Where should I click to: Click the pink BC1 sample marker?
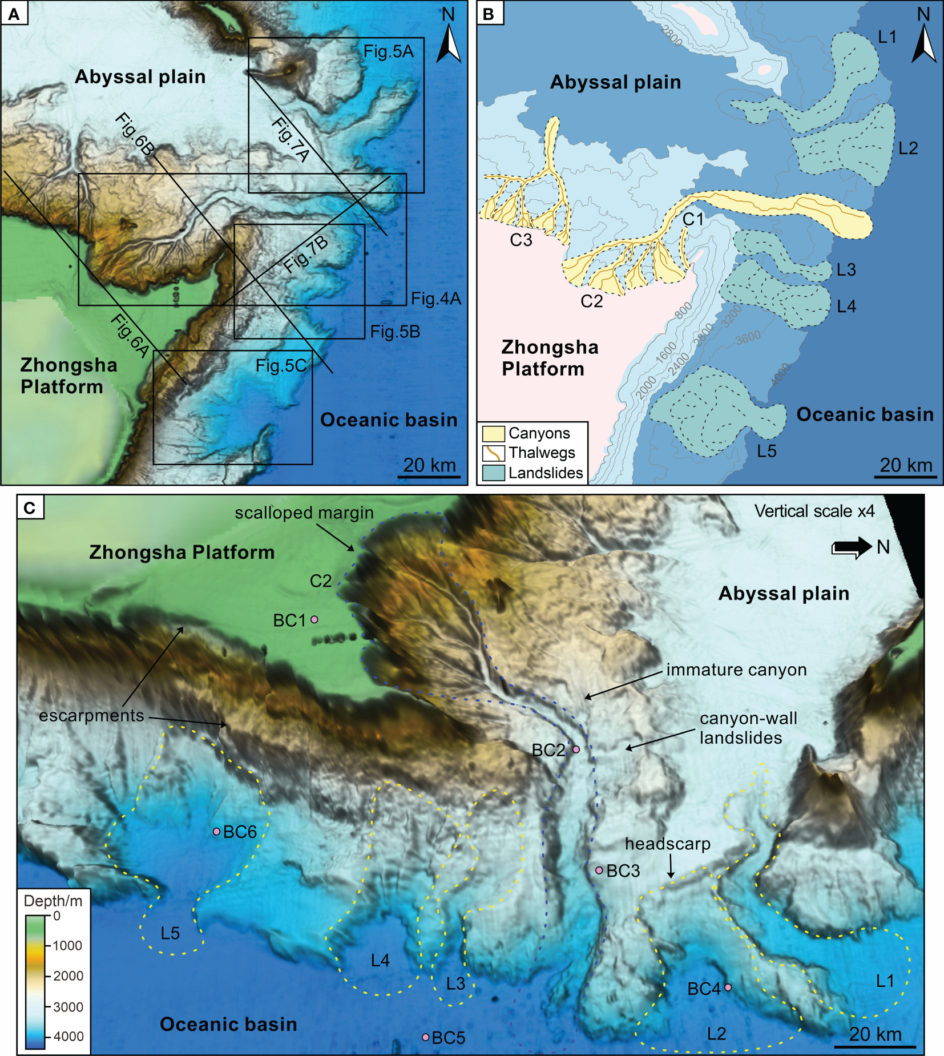point(314,619)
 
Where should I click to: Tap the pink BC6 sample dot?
point(216,832)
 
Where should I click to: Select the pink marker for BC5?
point(425,1037)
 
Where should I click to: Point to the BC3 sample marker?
point(599,870)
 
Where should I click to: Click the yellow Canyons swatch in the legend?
point(493,433)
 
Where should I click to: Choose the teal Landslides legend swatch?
point(493,473)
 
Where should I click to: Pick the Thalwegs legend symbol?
point(493,453)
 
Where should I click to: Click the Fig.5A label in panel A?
point(388,52)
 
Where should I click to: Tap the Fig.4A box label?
point(436,299)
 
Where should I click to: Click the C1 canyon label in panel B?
point(693,219)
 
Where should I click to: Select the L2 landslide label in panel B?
point(907,148)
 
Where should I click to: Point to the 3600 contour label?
point(748,338)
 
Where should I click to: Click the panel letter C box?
point(30,507)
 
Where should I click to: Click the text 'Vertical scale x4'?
point(814,511)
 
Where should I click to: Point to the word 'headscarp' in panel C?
point(667,844)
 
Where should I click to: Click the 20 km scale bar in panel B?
point(906,475)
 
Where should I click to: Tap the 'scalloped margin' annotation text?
point(304,513)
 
